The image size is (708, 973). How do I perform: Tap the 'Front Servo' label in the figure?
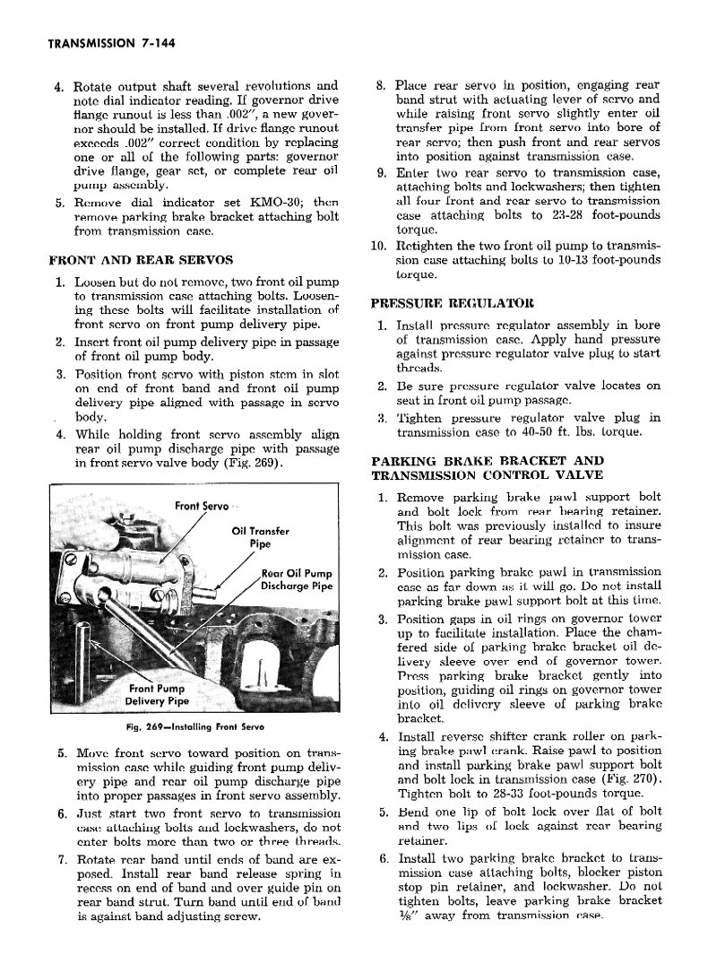pos(202,506)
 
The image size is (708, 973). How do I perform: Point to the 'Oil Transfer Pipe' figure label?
pos(260,536)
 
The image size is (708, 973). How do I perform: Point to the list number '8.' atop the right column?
pos(380,85)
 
